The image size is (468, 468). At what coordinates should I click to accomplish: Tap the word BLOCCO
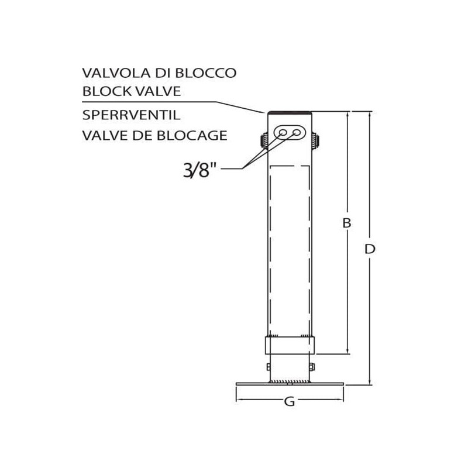(x=205, y=73)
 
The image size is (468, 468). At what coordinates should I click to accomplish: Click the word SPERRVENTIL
(x=131, y=115)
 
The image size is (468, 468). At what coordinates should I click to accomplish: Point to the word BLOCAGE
(x=192, y=136)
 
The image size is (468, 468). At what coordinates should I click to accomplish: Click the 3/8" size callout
(x=199, y=170)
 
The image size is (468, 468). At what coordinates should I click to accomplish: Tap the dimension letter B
(x=346, y=223)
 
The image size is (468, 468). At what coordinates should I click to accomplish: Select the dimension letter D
(x=370, y=249)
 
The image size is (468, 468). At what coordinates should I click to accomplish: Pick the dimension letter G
(x=290, y=402)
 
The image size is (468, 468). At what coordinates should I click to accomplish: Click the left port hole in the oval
(x=283, y=133)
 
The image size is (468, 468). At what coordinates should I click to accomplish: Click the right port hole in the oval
(x=297, y=133)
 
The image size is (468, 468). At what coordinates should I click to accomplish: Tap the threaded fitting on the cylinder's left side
(x=264, y=140)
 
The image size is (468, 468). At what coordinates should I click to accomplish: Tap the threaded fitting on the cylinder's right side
(x=315, y=140)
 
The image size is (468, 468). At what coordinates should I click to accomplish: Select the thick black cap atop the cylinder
(x=290, y=112)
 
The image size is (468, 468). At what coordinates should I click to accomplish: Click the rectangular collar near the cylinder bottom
(x=290, y=345)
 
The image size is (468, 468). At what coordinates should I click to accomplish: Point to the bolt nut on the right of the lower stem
(x=312, y=367)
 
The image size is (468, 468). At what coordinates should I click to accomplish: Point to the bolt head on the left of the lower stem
(x=269, y=367)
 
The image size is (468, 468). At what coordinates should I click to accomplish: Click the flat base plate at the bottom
(x=290, y=384)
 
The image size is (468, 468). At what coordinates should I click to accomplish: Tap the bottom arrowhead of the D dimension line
(x=370, y=383)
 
